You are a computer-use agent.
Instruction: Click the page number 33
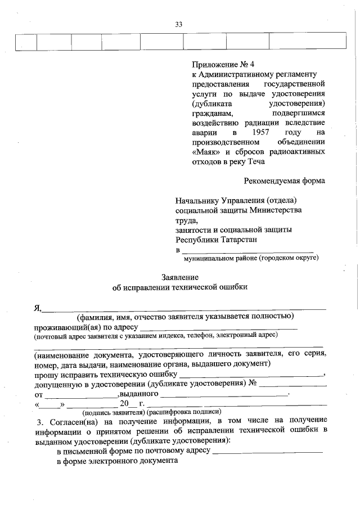pos(179,24)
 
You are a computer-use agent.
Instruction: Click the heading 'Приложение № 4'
pos(219,64)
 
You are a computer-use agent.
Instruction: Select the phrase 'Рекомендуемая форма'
pos(285,181)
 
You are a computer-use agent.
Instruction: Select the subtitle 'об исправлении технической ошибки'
pos(179,287)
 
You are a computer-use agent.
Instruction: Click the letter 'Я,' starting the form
pos(38,307)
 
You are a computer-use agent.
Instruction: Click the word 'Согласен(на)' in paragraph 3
pos(73,422)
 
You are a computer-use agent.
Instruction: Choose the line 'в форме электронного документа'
pos(118,461)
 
